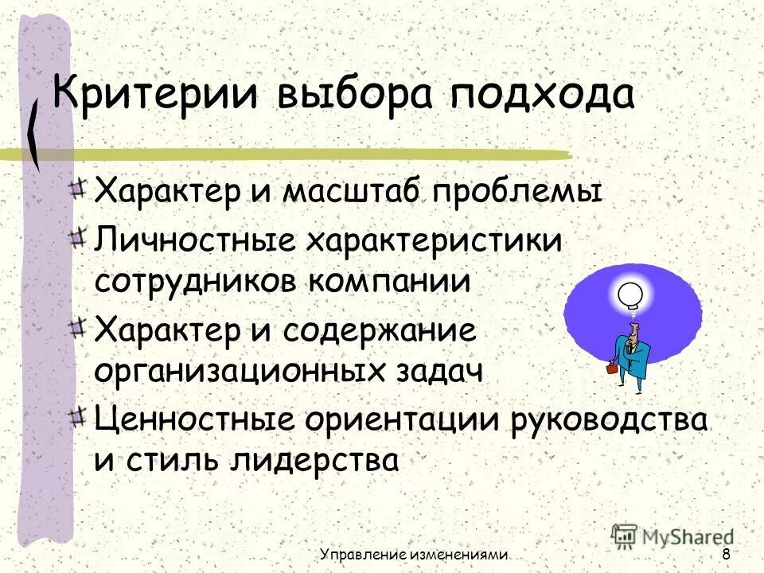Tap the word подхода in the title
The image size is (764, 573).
click(x=543, y=96)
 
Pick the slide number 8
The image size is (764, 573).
click(x=726, y=555)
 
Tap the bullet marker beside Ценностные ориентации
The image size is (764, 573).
click(x=77, y=416)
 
